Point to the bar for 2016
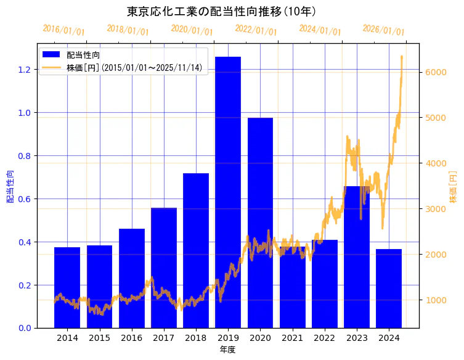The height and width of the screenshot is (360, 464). (132, 278)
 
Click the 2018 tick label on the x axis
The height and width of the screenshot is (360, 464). (196, 338)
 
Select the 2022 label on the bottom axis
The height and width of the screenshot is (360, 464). (325, 338)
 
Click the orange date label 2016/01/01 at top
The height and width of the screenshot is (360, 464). (63, 30)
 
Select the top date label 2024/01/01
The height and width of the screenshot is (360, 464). (320, 30)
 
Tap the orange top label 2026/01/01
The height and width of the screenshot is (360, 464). (383, 30)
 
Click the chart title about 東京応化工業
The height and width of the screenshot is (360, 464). (222, 11)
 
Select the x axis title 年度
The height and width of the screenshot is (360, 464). (227, 350)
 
